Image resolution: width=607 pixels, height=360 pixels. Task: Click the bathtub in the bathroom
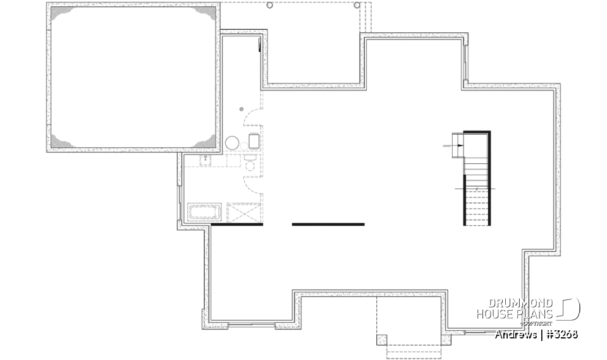click(204, 211)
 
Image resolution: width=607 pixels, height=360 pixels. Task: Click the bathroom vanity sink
click(207, 161)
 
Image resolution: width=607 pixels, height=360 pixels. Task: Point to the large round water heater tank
click(232, 142)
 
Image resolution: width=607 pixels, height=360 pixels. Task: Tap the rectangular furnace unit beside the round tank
click(254, 141)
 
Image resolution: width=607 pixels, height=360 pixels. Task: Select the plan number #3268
click(561, 334)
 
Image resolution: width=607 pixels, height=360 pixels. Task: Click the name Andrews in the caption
click(516, 334)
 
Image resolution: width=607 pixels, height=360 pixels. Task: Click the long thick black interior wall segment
click(328, 224)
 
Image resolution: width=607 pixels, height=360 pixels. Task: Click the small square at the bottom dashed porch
click(382, 338)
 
